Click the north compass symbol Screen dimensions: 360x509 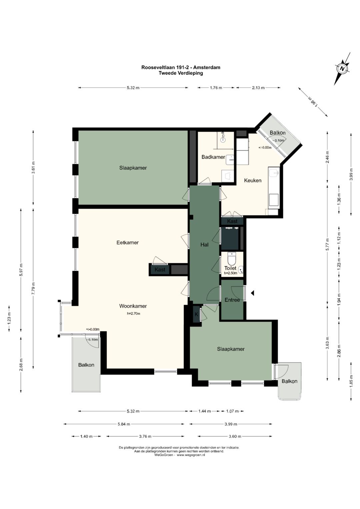coord(342,69)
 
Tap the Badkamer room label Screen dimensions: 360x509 coord(213,157)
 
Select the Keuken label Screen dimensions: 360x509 coord(253,180)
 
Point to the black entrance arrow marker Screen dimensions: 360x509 coord(252,293)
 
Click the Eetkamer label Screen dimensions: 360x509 coord(127,242)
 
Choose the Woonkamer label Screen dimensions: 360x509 coord(133,306)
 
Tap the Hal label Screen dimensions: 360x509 coord(204,245)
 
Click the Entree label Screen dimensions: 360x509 coord(232,300)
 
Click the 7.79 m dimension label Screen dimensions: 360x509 coord(34,288)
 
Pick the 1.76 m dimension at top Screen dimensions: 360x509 coord(216,88)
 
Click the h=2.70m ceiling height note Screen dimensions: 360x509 coord(133,314)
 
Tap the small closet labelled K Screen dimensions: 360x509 coord(196,314)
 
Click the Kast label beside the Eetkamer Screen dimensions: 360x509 coord(160,270)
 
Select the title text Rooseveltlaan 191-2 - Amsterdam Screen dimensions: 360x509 coord(181,67)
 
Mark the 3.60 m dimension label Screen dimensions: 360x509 coord(235,436)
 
